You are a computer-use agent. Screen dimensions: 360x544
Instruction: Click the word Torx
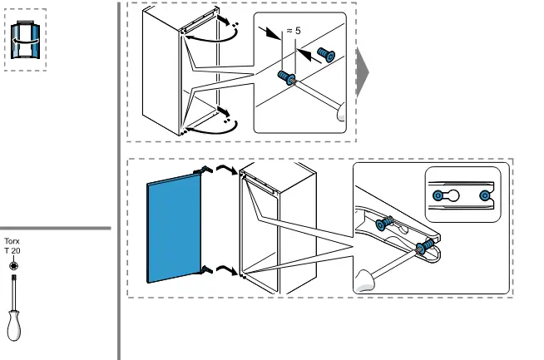pos(12,241)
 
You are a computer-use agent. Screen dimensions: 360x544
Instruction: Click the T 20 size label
pos(12,250)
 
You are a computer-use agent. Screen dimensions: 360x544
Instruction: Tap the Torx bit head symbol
pos(13,265)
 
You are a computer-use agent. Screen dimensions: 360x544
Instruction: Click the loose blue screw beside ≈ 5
pos(326,56)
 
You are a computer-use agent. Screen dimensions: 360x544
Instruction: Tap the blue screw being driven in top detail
pos(287,78)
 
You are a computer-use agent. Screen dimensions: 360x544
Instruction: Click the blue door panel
pos(175,230)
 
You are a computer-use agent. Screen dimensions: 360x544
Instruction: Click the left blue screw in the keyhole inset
pos(438,195)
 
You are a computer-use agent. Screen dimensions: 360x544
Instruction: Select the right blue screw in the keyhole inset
pos(486,195)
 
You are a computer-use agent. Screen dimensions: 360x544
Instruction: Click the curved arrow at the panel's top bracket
pos(224,169)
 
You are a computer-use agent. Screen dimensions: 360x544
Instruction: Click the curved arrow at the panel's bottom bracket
pos(224,268)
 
